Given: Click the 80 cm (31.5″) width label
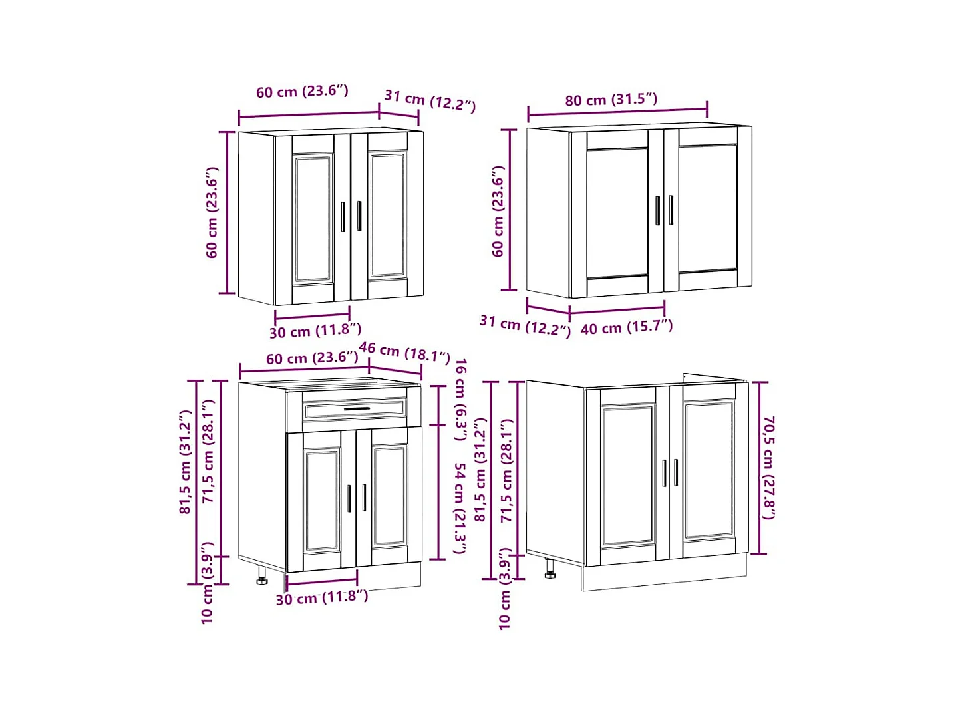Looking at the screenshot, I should click(611, 100).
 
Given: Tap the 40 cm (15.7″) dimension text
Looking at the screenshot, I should click(626, 327).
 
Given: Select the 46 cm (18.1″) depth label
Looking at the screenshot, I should click(404, 352).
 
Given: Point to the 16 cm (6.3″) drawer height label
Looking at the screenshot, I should click(460, 399).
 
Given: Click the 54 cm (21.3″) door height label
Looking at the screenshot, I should click(460, 508).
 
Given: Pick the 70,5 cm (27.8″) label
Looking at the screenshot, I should click(768, 468).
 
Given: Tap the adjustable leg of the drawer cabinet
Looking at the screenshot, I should click(261, 575).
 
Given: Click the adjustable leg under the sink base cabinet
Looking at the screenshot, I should click(550, 569).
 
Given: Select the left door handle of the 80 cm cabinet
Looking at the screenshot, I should click(657, 210).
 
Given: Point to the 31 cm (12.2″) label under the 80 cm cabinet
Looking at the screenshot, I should click(525, 325).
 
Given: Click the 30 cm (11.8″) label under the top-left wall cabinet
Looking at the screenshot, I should click(315, 330).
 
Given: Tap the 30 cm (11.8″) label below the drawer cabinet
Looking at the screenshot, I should click(321, 597).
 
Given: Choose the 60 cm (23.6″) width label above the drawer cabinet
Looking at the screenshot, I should click(311, 358).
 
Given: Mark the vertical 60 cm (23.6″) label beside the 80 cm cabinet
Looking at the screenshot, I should click(498, 211).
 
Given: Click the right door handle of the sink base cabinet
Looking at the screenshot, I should click(676, 472).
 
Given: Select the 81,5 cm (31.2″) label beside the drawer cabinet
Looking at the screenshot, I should click(186, 462).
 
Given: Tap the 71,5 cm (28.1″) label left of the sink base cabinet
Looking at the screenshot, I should click(507, 470).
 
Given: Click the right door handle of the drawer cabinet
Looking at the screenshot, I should click(364, 498).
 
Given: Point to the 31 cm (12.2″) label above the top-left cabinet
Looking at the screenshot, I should click(430, 100).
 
